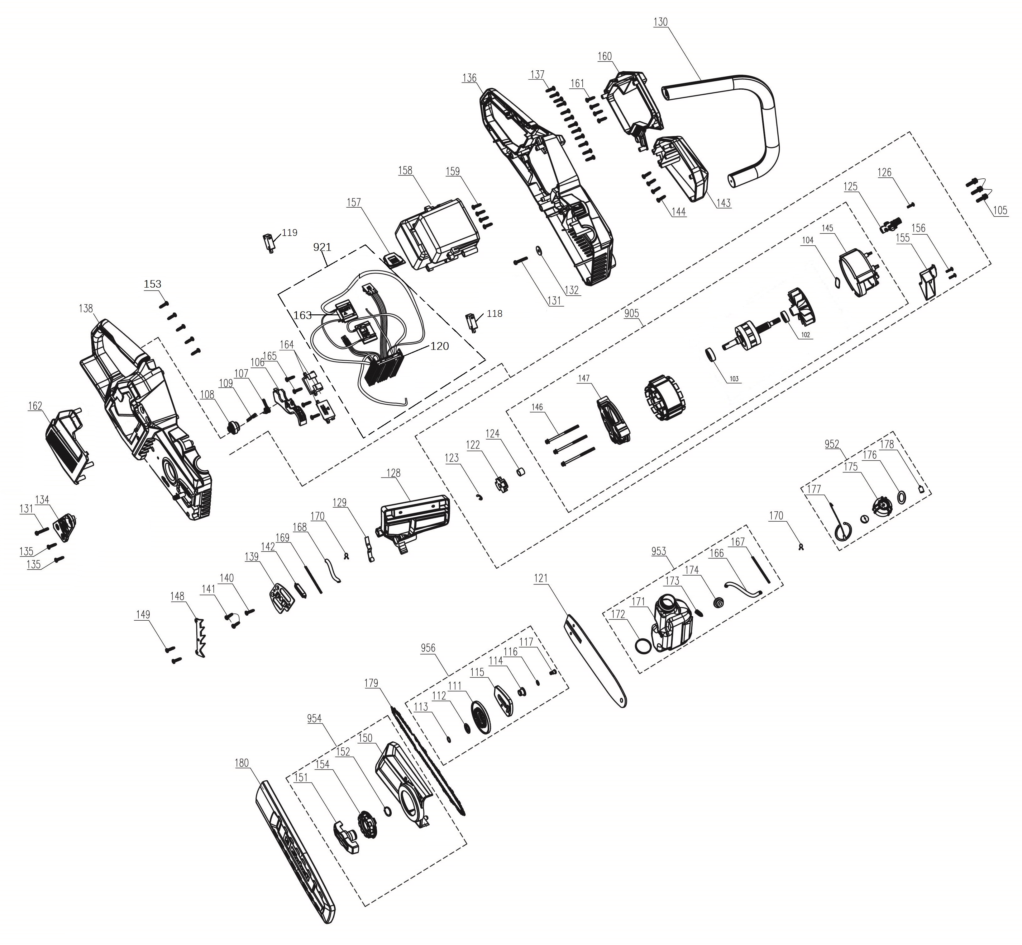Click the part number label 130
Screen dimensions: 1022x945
(x=661, y=22)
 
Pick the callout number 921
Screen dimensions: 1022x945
(x=322, y=247)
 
